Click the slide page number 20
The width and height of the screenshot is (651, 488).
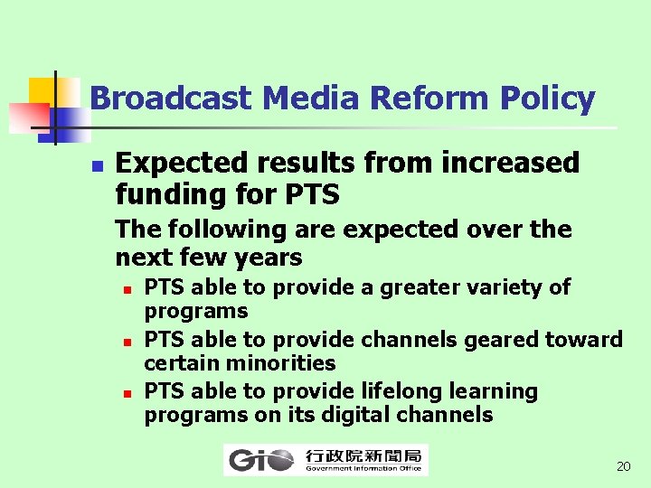click(623, 466)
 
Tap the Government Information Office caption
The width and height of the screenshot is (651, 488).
click(364, 469)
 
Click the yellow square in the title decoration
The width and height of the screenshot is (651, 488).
click(42, 91)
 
